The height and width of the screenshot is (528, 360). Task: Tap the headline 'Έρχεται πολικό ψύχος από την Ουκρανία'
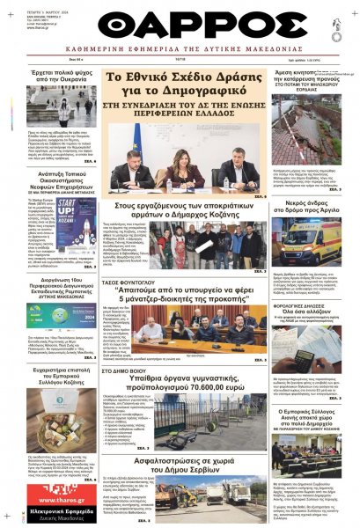tap(62, 77)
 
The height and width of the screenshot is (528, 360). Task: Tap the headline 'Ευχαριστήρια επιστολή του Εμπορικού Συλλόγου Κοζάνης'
tap(62, 401)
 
